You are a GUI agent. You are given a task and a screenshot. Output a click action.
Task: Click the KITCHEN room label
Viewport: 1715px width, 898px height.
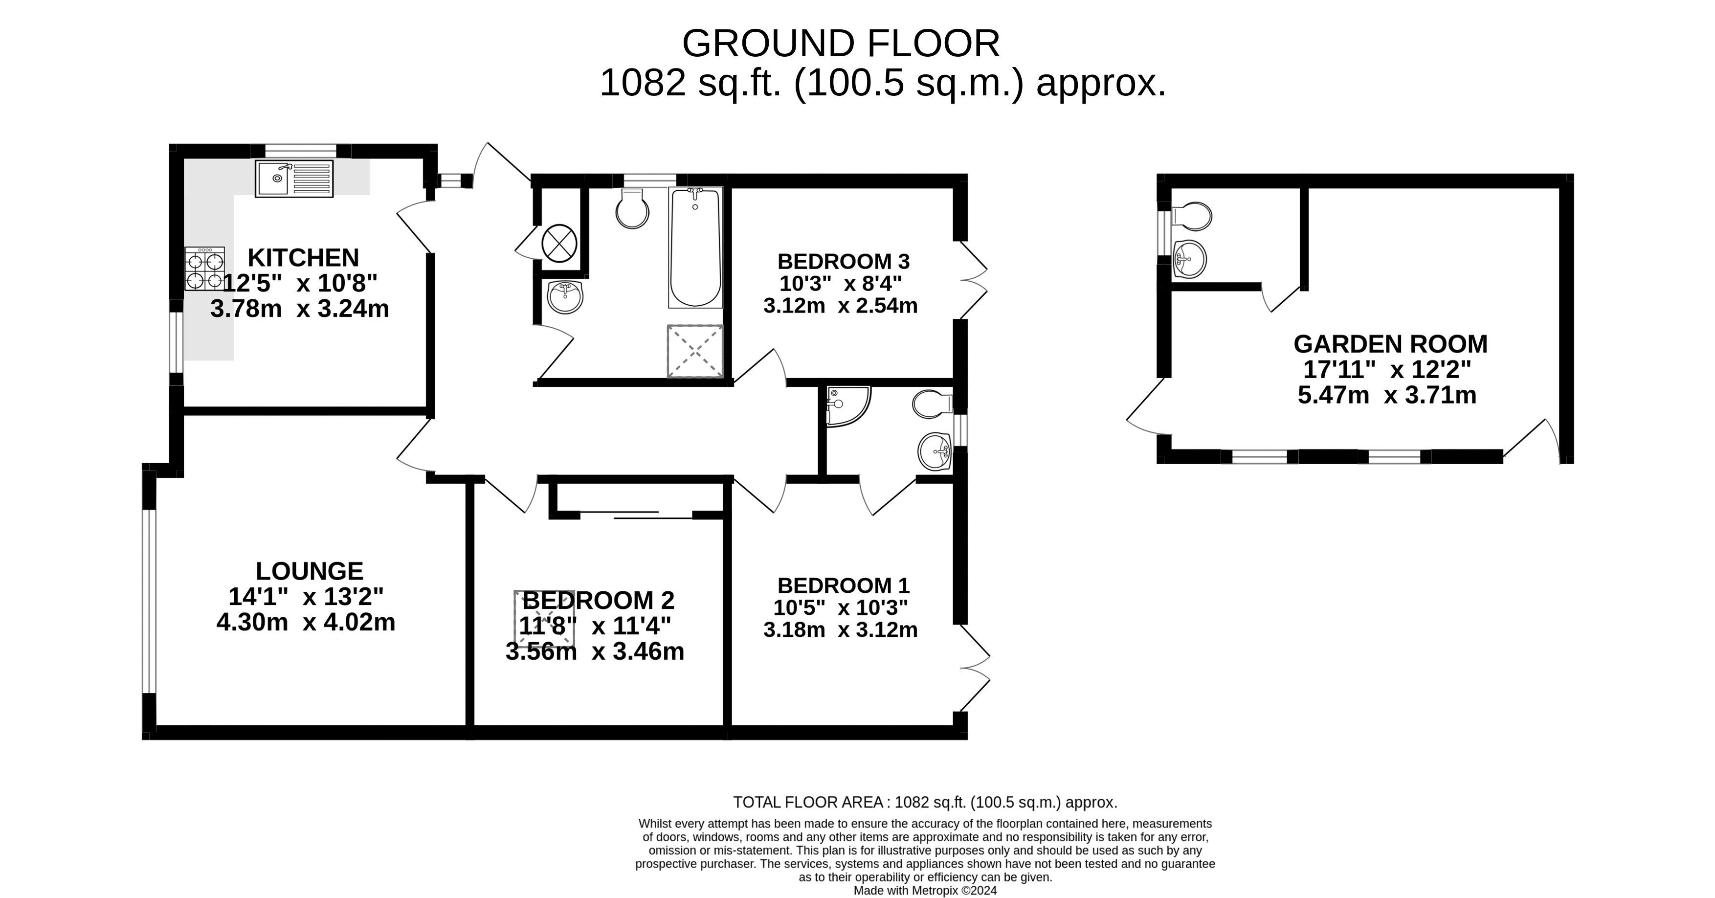click(x=303, y=258)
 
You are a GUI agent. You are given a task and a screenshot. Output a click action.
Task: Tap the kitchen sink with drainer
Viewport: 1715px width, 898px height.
click(x=293, y=179)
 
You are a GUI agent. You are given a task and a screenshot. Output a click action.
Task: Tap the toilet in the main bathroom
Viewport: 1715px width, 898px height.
click(x=632, y=208)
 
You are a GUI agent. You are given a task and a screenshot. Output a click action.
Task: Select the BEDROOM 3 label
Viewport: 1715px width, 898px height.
click(x=843, y=261)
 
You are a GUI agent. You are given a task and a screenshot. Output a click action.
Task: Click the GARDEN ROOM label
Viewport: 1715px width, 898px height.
click(x=1390, y=344)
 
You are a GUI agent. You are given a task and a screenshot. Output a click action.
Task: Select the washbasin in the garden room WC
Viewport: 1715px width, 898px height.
click(x=1189, y=259)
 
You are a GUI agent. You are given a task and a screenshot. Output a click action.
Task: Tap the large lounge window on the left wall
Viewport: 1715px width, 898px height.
click(x=149, y=601)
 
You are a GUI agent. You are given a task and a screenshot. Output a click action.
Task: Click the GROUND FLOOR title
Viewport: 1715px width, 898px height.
click(x=840, y=44)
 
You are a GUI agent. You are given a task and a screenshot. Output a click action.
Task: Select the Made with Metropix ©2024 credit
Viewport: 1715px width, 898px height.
click(x=925, y=891)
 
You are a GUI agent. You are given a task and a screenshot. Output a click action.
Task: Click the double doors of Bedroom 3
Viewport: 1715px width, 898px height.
click(x=973, y=280)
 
